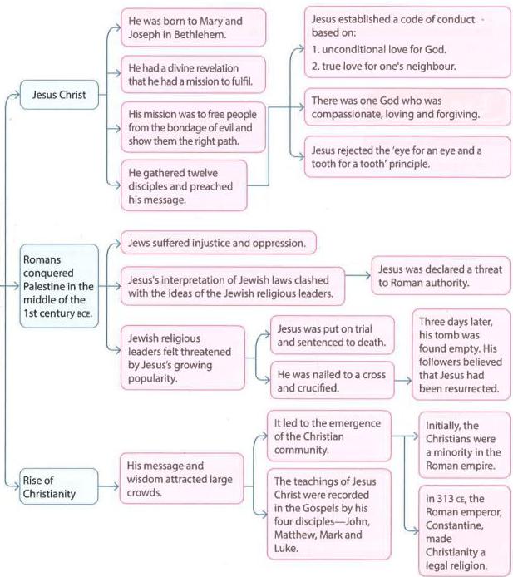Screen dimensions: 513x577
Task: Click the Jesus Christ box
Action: pos(59,95)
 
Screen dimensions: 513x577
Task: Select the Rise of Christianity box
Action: pos(59,486)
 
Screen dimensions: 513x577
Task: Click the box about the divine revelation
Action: pos(193,75)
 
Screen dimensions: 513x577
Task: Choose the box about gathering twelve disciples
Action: pos(184,186)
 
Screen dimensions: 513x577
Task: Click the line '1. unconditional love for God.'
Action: pos(378,49)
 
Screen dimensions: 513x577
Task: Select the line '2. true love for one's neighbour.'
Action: pos(383,67)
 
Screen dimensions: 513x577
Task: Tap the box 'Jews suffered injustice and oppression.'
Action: pos(218,243)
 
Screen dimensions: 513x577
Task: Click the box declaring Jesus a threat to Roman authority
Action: pos(441,276)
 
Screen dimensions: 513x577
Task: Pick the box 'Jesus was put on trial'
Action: pos(333,335)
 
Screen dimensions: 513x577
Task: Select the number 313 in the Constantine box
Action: pos(445,499)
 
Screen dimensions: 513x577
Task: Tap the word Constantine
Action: pos(454,525)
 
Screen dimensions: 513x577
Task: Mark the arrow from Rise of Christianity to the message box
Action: pos(109,486)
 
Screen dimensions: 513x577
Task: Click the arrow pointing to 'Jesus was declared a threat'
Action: pos(358,275)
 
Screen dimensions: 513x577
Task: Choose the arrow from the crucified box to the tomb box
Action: pos(403,381)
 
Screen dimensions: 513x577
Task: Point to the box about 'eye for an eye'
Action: pos(407,157)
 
